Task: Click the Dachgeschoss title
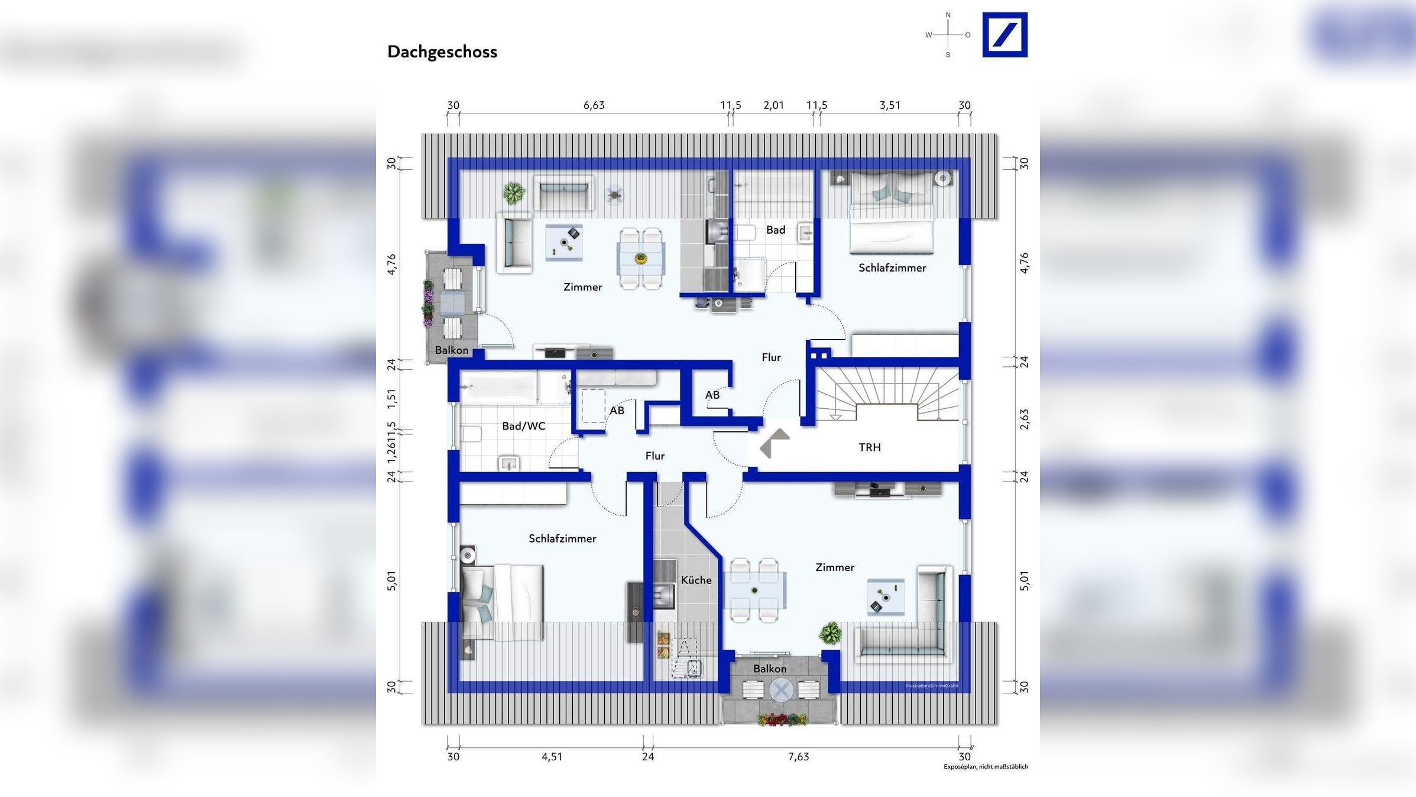442,52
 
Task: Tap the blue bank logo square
1005,35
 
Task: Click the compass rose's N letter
948,15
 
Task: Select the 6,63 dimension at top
594,105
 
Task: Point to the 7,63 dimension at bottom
798,757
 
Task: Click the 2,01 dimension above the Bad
773,105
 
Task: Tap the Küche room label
696,580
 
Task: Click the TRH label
869,447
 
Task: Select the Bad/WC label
523,426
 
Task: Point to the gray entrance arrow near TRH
774,443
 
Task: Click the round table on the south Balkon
780,690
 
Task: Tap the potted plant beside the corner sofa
830,633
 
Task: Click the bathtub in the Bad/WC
498,387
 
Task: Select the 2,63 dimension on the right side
1024,420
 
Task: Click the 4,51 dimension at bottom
552,757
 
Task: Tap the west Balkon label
451,350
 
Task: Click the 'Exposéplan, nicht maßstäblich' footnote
985,767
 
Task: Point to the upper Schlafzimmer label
892,268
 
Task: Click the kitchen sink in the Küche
663,595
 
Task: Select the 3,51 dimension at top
889,105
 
